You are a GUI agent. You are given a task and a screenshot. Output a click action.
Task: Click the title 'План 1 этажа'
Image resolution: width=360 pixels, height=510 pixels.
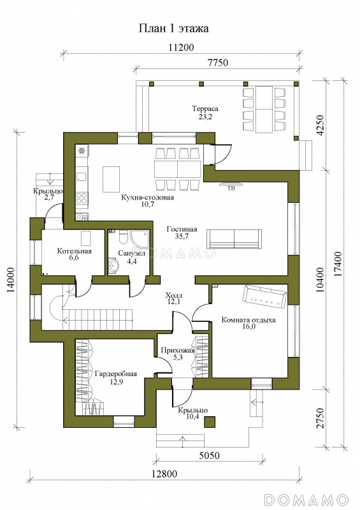tap(174, 29)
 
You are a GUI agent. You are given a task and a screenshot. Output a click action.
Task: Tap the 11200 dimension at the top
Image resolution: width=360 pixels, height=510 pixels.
tap(181, 47)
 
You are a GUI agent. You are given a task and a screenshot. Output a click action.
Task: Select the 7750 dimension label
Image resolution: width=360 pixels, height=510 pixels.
tap(216, 62)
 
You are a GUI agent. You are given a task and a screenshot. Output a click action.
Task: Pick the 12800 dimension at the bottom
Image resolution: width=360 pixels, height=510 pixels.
tap(164, 474)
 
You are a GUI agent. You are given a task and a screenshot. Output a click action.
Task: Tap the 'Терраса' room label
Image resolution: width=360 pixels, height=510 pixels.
tap(205, 108)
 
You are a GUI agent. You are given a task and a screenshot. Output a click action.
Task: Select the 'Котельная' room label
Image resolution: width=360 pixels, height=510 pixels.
tap(75, 251)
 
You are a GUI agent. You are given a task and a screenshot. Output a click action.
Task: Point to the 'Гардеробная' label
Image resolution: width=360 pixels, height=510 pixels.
tap(116, 374)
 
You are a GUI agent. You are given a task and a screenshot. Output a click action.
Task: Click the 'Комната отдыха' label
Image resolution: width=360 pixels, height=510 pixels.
tap(248, 320)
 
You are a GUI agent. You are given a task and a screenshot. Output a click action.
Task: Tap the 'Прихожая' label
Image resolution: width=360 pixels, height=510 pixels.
tap(178, 351)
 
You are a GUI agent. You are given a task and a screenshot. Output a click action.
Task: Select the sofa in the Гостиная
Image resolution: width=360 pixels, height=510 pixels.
tap(234, 238)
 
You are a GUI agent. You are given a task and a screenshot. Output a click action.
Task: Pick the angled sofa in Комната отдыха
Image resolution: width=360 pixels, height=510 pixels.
tap(265, 296)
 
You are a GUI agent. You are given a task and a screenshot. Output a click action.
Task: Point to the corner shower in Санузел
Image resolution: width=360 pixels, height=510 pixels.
tap(140, 240)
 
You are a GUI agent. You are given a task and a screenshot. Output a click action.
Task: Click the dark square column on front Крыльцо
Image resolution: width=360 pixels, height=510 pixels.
tap(210, 422)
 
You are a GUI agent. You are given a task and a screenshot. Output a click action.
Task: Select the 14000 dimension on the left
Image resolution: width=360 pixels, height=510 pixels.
tap(12, 280)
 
